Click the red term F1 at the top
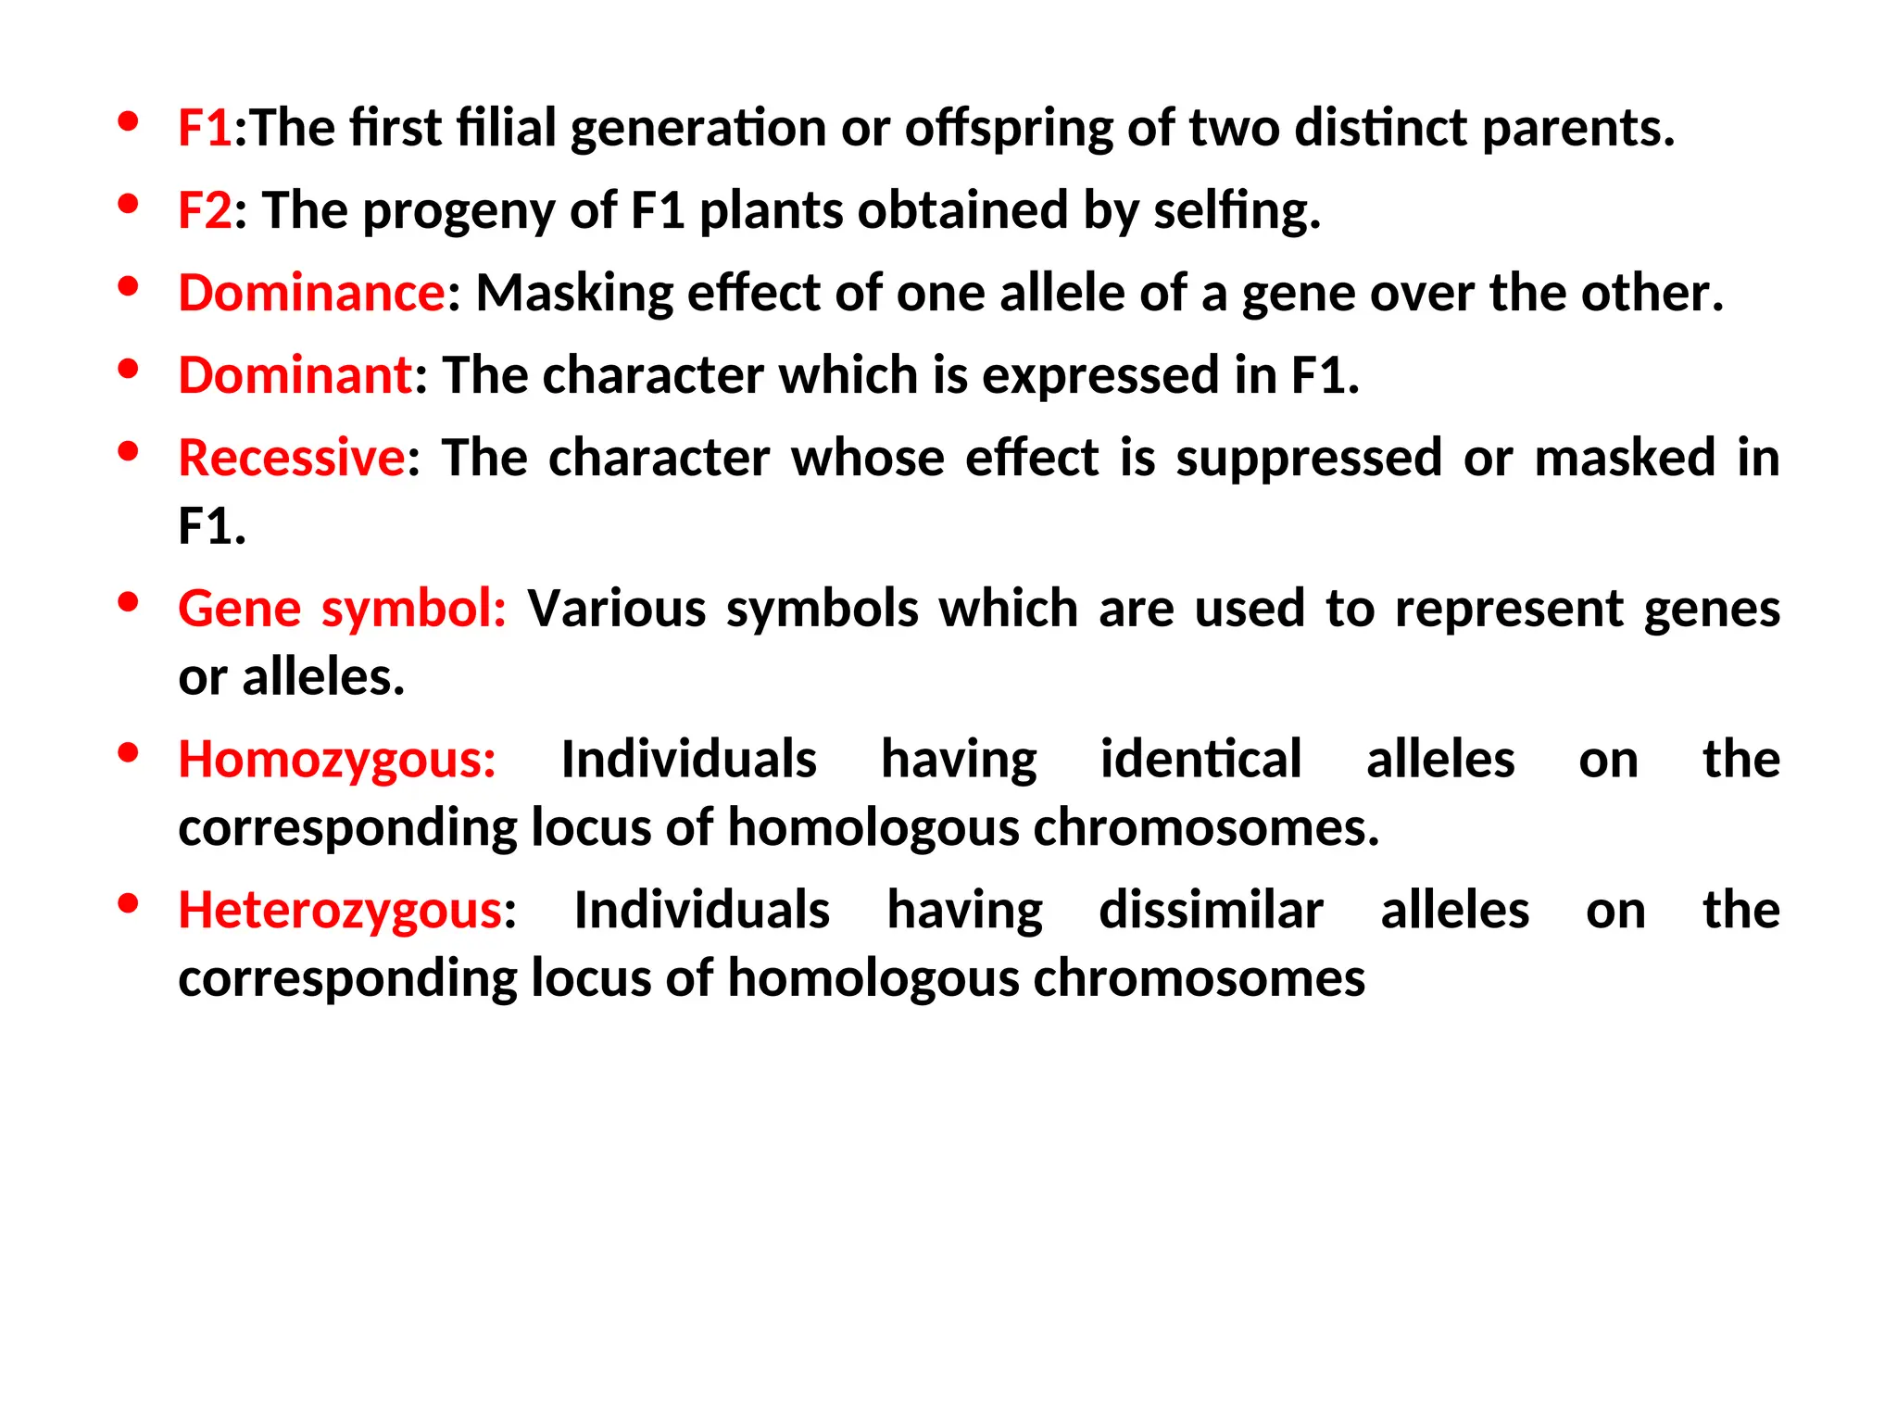[x=204, y=128]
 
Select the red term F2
[x=204, y=210]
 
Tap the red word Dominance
[x=312, y=293]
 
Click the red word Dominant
[x=295, y=375]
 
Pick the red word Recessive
[x=291, y=458]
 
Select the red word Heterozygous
[x=340, y=910]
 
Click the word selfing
[x=1237, y=210]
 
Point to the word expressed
[x=1100, y=375]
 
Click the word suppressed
[x=1309, y=458]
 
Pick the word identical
[x=1200, y=760]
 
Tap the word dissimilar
[x=1211, y=910]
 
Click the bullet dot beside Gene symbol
[x=129, y=603]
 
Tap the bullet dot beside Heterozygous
[x=129, y=903]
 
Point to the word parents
[x=1578, y=128]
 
